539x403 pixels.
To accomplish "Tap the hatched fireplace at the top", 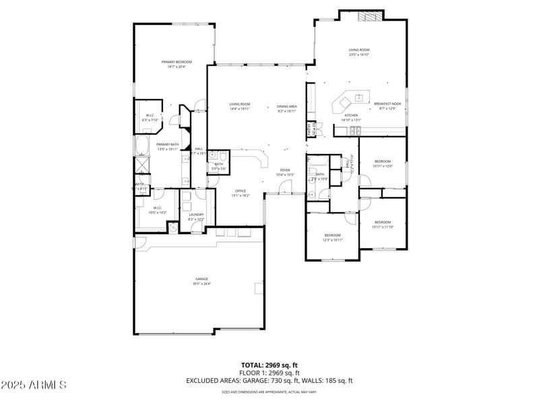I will (x=369, y=17).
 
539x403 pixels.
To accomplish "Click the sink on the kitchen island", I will (x=359, y=98).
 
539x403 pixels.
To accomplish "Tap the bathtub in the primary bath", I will (x=142, y=145).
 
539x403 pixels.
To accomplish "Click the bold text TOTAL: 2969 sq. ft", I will (x=269, y=365).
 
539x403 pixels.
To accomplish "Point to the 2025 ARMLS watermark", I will (x=34, y=385).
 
